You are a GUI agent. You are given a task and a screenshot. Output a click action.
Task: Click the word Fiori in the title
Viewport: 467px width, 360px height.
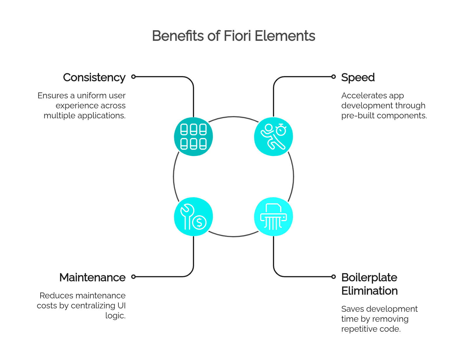pyautogui.click(x=237, y=36)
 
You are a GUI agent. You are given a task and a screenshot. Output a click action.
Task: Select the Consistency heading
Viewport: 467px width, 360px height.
pyautogui.click(x=94, y=78)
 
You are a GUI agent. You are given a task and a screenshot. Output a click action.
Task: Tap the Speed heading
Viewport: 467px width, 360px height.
pyautogui.click(x=358, y=78)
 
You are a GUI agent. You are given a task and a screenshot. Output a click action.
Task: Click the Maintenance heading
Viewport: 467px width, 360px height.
pyautogui.click(x=93, y=277)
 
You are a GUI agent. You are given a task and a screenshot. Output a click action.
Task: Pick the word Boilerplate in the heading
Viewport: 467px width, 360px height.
pyautogui.click(x=369, y=278)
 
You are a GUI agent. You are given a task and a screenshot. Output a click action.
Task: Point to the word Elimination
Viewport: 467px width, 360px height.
pyautogui.click(x=370, y=291)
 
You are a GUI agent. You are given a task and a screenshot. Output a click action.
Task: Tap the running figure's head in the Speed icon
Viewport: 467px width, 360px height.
pyautogui.click(x=269, y=127)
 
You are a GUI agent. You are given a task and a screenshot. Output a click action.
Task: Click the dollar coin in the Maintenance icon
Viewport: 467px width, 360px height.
pyautogui.click(x=199, y=223)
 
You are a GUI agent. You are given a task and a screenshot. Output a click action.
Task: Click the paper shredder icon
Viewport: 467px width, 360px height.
pyautogui.click(x=273, y=216)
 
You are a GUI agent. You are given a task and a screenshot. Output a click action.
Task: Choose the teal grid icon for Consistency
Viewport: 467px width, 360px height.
pyautogui.click(x=194, y=137)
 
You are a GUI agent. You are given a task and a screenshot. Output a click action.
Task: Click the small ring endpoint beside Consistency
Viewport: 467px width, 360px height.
pyautogui.click(x=133, y=77)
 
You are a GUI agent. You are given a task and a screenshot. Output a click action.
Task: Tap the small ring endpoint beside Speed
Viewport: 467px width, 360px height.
pyautogui.click(x=333, y=77)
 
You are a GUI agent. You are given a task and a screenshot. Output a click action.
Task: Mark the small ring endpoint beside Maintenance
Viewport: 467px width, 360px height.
pyautogui.click(x=133, y=277)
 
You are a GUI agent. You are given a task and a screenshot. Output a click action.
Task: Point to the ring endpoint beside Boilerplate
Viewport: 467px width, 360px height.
pyautogui.click(x=333, y=277)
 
